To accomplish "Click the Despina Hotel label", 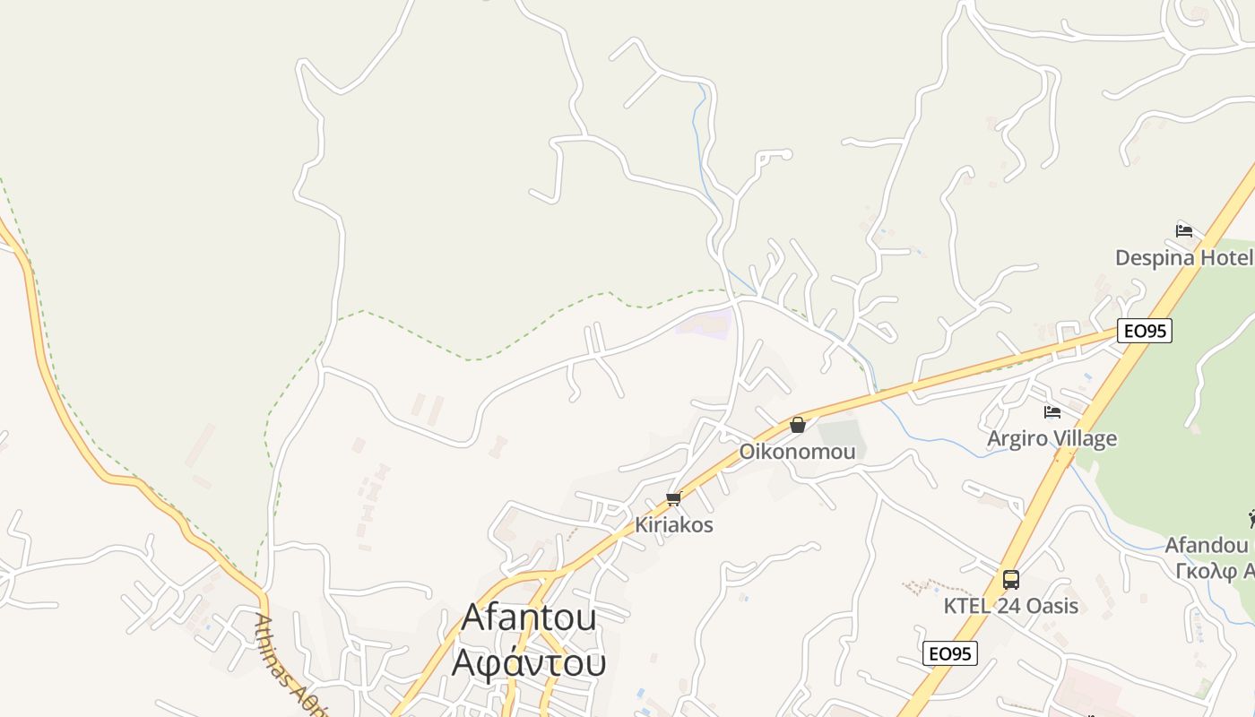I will click(1182, 258).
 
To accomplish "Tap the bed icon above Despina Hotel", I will click(1184, 230).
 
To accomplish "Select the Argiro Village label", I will click(1052, 438).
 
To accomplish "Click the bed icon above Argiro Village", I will click(1052, 412).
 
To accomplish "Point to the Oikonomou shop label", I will click(797, 452).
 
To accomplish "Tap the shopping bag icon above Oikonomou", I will click(797, 425).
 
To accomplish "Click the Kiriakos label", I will click(674, 525).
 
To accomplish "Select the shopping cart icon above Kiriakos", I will click(674, 498).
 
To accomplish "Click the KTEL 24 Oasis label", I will click(1010, 606).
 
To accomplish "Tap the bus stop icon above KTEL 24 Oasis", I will click(1011, 580).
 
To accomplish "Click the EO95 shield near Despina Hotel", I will click(1145, 331).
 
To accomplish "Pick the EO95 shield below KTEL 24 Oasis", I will click(949, 653).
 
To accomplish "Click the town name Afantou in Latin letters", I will click(529, 618).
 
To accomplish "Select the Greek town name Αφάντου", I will click(529, 662).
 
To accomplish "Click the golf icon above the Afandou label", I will click(1251, 518).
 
